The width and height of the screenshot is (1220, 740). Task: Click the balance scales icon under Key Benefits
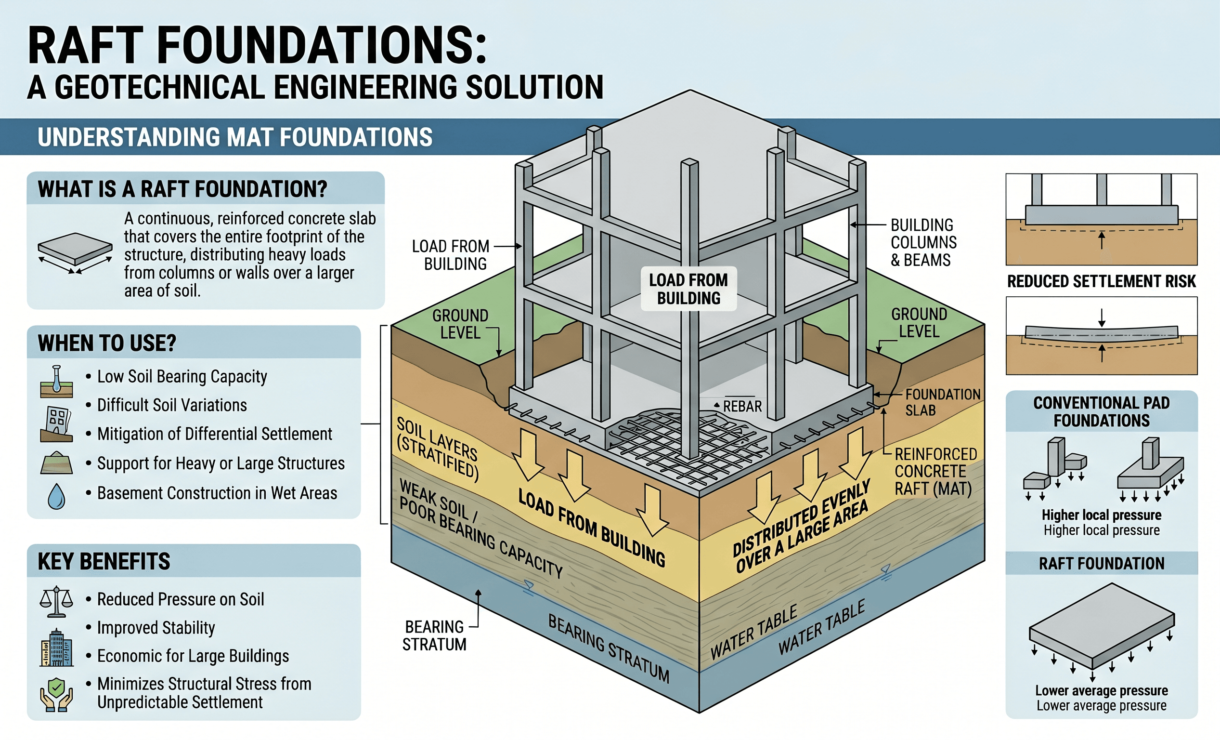tap(56, 601)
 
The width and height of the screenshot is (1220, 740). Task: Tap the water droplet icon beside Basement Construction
tap(56, 496)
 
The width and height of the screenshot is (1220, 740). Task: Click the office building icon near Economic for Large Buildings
tap(56, 648)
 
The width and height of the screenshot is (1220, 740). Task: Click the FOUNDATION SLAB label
tap(942, 402)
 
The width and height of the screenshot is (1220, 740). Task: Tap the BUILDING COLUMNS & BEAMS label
tap(923, 242)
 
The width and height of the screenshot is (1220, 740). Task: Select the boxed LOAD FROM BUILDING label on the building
tap(688, 289)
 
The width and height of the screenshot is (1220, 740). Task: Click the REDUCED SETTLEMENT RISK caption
tap(1101, 281)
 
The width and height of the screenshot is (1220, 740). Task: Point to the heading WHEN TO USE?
tap(107, 343)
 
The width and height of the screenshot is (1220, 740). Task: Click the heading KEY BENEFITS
tap(104, 562)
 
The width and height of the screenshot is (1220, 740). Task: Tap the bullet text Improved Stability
tap(156, 628)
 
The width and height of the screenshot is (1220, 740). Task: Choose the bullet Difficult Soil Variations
tap(172, 405)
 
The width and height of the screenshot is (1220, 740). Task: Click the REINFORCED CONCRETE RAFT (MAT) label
tap(935, 471)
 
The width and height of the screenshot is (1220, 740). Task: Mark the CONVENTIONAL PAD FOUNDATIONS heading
tap(1101, 411)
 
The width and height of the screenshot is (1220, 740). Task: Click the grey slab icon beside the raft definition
tap(75, 249)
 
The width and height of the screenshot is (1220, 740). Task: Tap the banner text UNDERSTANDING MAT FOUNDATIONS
tap(234, 137)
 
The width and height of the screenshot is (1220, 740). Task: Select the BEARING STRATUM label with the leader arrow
tap(434, 635)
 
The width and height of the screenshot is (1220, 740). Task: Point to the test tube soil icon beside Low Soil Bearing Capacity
tap(56, 382)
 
